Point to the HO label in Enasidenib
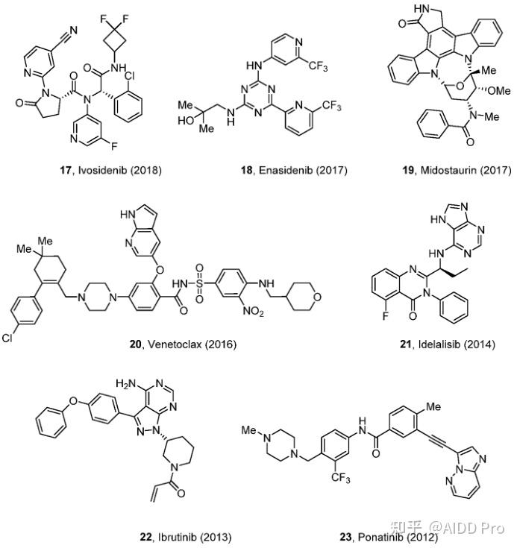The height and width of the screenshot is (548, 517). pos(184,121)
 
